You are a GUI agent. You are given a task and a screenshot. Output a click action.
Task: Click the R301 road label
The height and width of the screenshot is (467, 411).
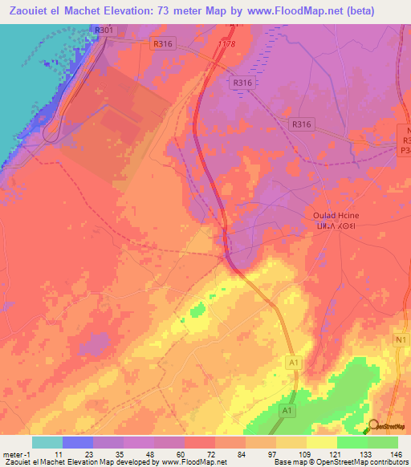(103, 30)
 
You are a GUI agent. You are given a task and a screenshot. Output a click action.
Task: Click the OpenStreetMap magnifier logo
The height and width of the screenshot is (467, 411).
(373, 425)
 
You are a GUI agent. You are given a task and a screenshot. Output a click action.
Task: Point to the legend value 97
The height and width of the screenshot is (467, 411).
(262, 453)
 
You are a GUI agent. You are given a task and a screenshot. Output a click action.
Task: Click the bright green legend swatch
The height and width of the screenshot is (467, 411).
(352, 442)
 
